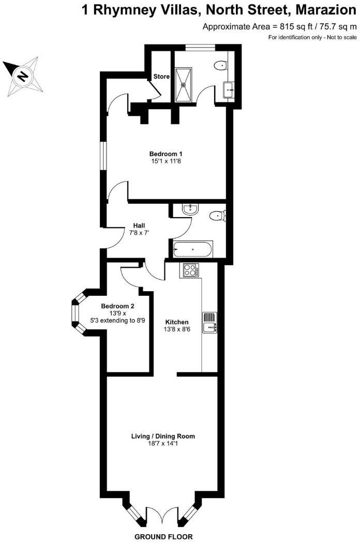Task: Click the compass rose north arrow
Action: [22, 76]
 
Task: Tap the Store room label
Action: [161, 77]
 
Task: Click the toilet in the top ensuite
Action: [221, 65]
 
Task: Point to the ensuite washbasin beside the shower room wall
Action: [229, 91]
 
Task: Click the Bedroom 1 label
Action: [166, 154]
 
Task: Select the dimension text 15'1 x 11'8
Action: [166, 162]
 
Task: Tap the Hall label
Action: [139, 225]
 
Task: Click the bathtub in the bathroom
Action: [192, 249]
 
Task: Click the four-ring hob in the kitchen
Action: [190, 270]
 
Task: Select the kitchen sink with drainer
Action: [211, 322]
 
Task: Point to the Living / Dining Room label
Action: [163, 436]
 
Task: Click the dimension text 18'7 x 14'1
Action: [163, 444]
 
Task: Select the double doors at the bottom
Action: [162, 516]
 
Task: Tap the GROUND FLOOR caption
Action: [163, 536]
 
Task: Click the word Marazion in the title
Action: [325, 10]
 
